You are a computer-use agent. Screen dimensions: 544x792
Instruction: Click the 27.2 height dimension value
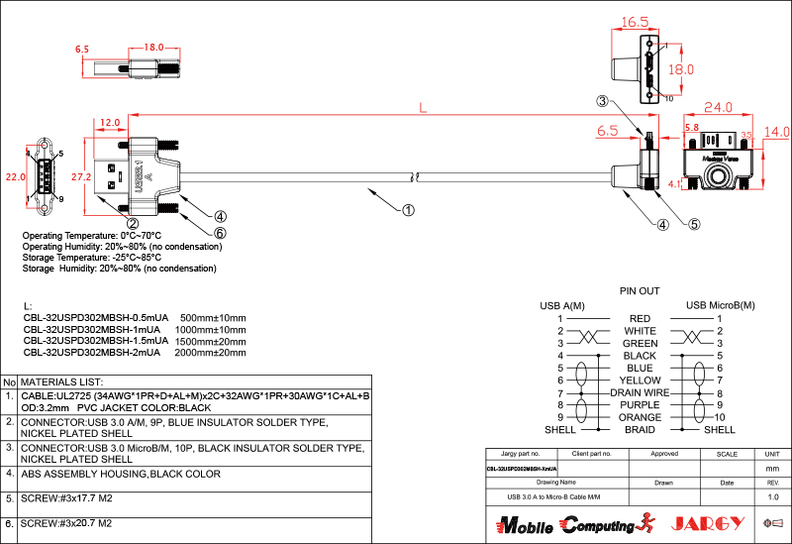(x=81, y=176)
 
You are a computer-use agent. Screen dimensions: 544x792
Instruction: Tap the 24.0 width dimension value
(x=717, y=106)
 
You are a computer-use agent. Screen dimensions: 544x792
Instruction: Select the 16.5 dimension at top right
(x=635, y=22)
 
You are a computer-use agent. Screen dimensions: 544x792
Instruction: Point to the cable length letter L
(x=424, y=108)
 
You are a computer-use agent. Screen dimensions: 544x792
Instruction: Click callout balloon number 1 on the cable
(x=407, y=209)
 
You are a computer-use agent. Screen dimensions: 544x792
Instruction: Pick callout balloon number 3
(x=602, y=101)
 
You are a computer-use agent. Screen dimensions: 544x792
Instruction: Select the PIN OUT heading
(x=640, y=291)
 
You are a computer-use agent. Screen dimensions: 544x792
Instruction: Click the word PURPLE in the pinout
(x=641, y=404)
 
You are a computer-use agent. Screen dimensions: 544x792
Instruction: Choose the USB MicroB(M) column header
(x=720, y=304)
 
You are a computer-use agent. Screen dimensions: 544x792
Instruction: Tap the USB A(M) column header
(x=561, y=304)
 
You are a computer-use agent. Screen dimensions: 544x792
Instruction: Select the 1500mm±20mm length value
(x=210, y=340)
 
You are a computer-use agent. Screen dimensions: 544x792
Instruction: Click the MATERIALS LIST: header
(x=62, y=381)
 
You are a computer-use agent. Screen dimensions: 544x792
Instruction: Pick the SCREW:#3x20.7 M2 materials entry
(x=65, y=523)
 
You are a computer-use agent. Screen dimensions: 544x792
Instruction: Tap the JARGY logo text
(x=707, y=522)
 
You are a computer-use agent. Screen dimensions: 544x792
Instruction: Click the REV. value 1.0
(x=773, y=495)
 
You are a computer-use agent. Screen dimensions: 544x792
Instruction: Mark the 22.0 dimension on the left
(x=14, y=176)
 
